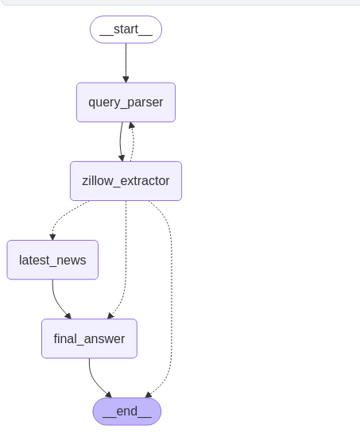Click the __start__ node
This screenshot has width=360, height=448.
coord(126,29)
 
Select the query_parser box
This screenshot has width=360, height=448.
coord(126,102)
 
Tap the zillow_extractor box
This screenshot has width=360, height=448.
coord(126,181)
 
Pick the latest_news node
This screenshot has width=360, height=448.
coord(52,260)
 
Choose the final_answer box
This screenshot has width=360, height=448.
coord(89,338)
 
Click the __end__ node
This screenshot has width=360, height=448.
coord(126,411)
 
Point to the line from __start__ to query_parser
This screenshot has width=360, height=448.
coord(126,60)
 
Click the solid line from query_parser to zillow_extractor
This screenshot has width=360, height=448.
coord(121,141)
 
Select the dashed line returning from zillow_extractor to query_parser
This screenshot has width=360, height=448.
coord(133,143)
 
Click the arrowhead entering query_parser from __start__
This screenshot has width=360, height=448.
coord(126,79)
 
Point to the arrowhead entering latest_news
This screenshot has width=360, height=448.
coord(52,236)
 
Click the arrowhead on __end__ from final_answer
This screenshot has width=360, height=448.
coord(108,394)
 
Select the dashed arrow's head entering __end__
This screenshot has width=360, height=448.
coord(149,394)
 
